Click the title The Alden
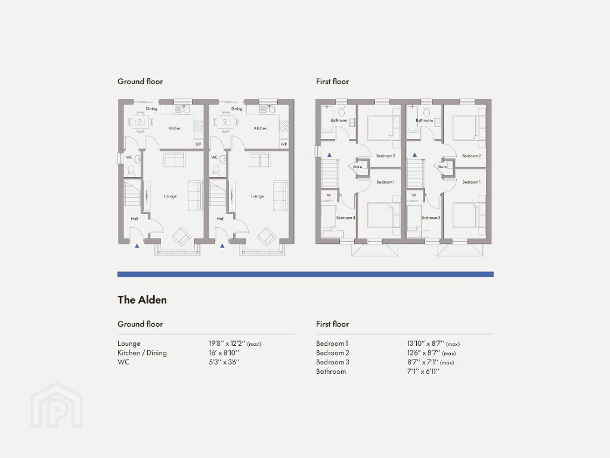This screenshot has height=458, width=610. click(x=142, y=299)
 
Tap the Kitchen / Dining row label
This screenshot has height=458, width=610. click(x=142, y=353)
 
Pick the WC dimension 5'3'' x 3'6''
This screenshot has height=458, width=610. click(x=224, y=362)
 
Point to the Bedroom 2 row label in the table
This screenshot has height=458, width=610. click(x=333, y=353)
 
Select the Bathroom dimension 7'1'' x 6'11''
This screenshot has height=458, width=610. click(x=423, y=371)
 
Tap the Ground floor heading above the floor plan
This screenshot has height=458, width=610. click(x=140, y=81)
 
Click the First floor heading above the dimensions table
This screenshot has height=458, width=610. click(x=332, y=324)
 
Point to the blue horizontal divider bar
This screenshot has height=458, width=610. click(x=305, y=274)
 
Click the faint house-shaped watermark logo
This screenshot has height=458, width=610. click(x=57, y=405)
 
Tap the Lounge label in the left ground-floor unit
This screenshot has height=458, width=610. click(x=170, y=196)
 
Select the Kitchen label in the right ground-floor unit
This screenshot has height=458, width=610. click(x=260, y=128)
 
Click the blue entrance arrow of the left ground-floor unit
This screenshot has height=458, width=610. click(x=137, y=246)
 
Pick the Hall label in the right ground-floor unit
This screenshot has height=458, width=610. click(x=220, y=219)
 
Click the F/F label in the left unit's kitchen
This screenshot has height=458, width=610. click(x=199, y=144)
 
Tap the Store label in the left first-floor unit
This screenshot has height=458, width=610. click(x=357, y=166)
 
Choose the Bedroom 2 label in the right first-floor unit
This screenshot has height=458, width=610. click(x=472, y=156)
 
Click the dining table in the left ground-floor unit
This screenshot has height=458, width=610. click(x=140, y=122)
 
